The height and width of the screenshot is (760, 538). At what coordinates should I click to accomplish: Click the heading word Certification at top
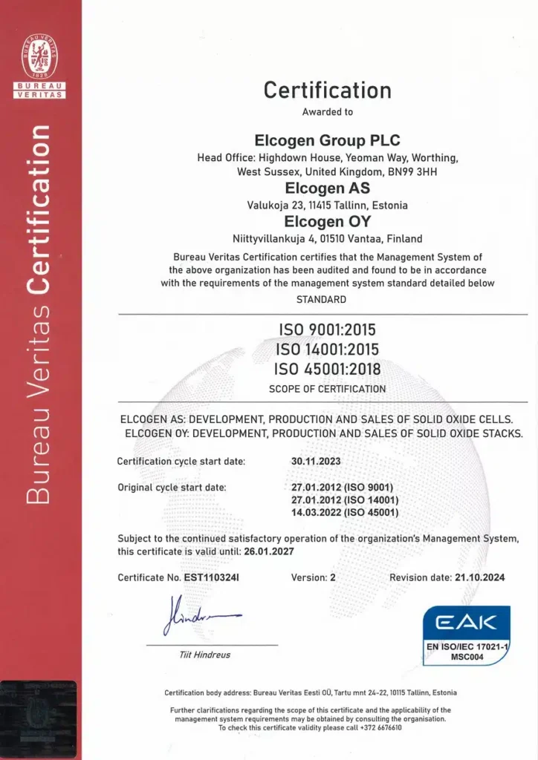pyautogui.click(x=327, y=90)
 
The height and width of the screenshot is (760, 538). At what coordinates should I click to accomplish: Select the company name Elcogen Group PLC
pyautogui.click(x=327, y=140)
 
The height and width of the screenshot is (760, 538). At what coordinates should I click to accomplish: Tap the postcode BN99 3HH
pyautogui.click(x=400, y=171)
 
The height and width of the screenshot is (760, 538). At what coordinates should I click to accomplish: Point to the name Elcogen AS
pyautogui.click(x=327, y=189)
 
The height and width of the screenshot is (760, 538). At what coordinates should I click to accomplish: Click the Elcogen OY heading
pyautogui.click(x=327, y=221)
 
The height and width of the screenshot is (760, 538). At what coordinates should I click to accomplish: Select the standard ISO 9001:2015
pyautogui.click(x=327, y=330)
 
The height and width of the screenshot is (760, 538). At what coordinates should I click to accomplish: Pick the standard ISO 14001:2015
pyautogui.click(x=327, y=349)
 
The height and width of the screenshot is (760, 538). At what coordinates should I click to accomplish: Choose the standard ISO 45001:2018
pyautogui.click(x=327, y=368)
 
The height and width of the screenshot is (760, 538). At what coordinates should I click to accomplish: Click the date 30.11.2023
pyautogui.click(x=316, y=461)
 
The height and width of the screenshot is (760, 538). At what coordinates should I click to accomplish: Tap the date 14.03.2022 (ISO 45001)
pyautogui.click(x=346, y=512)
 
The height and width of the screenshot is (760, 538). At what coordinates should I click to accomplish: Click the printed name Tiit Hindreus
pyautogui.click(x=205, y=655)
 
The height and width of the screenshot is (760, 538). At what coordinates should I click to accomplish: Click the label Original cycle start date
pyautogui.click(x=172, y=487)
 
